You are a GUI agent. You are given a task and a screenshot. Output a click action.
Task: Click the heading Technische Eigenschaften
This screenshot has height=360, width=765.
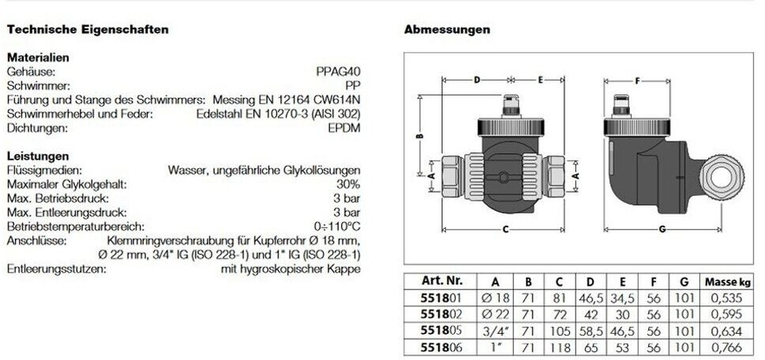[x=87, y=30]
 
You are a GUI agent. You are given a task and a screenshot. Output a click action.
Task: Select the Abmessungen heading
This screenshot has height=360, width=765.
[x=447, y=30]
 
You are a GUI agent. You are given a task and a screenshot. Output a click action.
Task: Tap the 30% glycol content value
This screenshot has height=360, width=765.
[x=347, y=184]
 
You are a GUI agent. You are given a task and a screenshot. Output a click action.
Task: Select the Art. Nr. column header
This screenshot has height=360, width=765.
[x=438, y=282]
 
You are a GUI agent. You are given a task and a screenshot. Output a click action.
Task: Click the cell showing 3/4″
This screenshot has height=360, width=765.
[x=495, y=330]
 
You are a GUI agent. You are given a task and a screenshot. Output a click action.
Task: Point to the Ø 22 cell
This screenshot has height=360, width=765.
[x=495, y=313]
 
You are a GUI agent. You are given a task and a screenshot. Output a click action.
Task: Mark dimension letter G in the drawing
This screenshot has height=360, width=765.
[x=661, y=230]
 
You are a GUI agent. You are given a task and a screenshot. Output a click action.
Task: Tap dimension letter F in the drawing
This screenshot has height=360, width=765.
[x=636, y=80]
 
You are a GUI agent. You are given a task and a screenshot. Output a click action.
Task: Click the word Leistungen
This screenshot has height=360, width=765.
[x=37, y=156]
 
